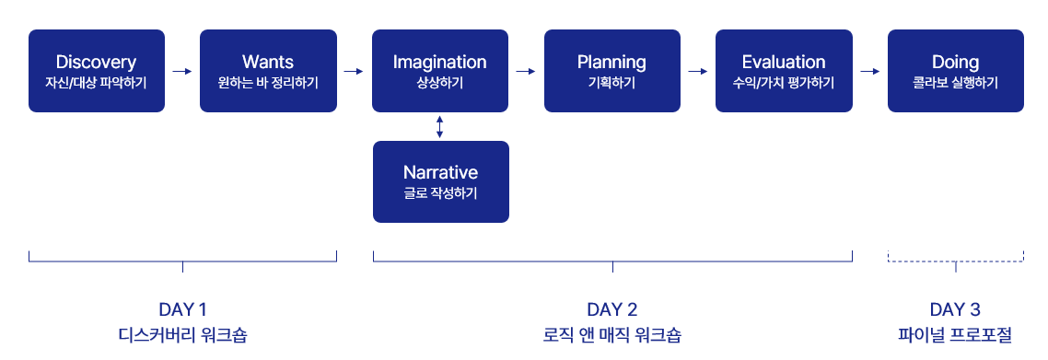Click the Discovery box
(x=97, y=71)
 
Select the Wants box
(x=268, y=71)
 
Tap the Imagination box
(x=440, y=71)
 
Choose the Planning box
(x=612, y=71)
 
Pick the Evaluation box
(x=784, y=71)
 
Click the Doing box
(x=956, y=71)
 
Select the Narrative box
(x=441, y=181)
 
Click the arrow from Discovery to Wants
(x=182, y=71)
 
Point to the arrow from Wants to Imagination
(x=355, y=71)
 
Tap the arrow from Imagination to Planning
(x=526, y=71)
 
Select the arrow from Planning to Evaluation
(x=698, y=71)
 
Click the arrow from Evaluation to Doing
(x=870, y=71)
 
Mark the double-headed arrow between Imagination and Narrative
(x=439, y=127)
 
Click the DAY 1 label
(x=182, y=310)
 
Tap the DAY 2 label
(x=612, y=310)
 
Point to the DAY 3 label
(x=955, y=310)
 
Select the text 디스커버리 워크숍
(x=182, y=334)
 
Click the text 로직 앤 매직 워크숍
(x=612, y=334)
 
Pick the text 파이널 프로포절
(x=955, y=334)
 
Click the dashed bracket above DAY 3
(x=956, y=261)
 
